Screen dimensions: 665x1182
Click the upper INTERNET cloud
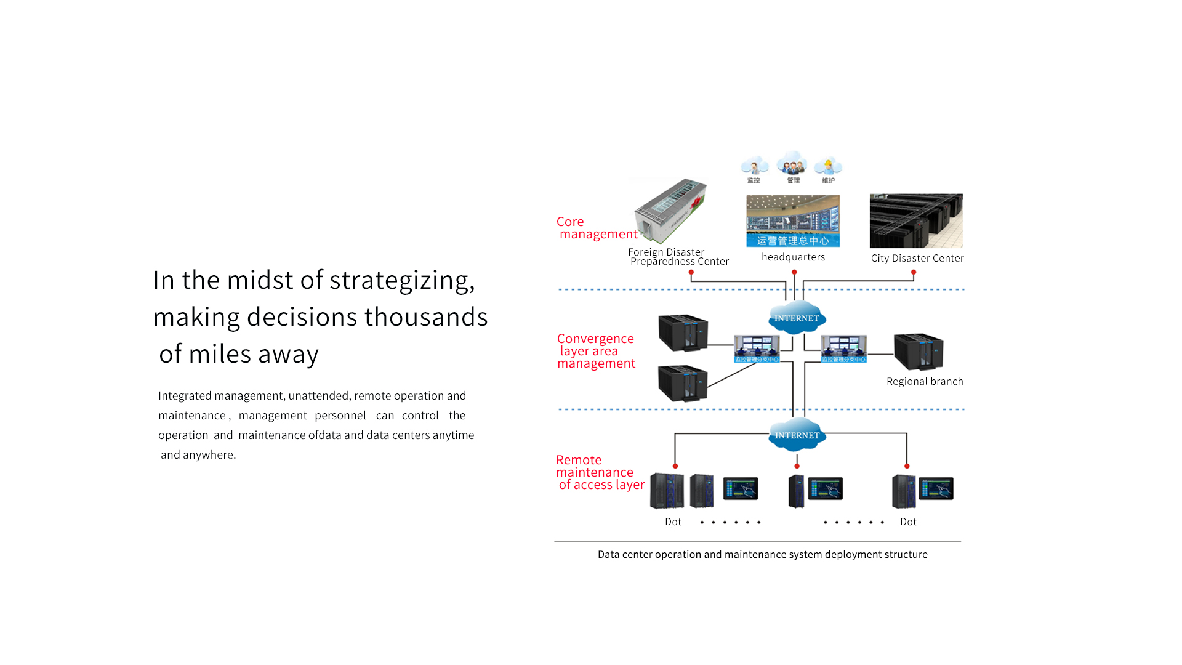tap(797, 318)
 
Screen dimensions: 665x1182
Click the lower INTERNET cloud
tap(797, 435)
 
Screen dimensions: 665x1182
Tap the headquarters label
tap(793, 257)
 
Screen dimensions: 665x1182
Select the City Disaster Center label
tap(917, 259)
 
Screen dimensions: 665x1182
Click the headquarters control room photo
tap(793, 220)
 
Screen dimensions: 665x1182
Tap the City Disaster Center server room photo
tap(916, 220)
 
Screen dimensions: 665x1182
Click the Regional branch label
tap(925, 382)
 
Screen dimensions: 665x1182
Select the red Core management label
tap(597, 228)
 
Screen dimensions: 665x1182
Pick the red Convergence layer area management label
tap(595, 351)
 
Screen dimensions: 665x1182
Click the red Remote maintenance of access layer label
tap(598, 472)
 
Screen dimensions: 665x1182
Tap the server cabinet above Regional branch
tap(919, 352)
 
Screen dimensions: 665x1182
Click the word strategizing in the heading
tap(402, 280)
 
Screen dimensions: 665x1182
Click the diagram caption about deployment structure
tap(762, 555)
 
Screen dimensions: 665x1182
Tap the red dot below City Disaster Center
tap(914, 272)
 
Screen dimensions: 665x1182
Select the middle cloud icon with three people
tap(792, 165)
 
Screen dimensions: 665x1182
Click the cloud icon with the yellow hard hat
tap(829, 166)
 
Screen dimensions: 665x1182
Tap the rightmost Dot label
tap(908, 522)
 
